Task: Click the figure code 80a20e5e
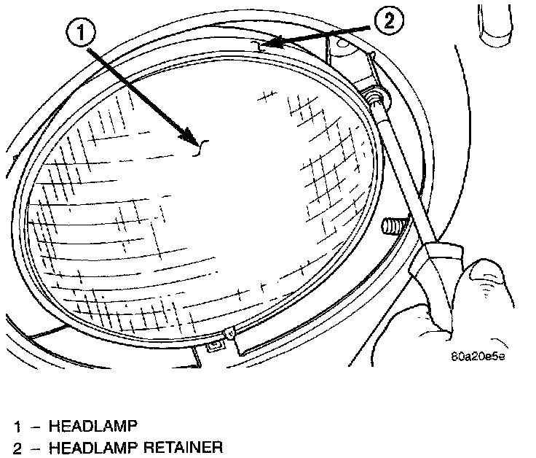click(477, 357)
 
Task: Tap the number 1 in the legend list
click(16, 424)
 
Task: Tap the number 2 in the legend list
click(16, 446)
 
